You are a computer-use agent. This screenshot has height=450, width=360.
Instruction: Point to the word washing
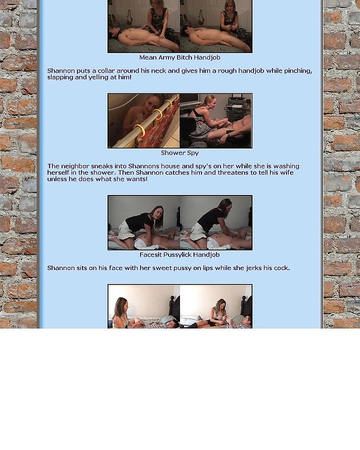pyautogui.click(x=286, y=166)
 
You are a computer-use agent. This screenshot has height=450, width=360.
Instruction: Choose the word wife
pyautogui.click(x=287, y=173)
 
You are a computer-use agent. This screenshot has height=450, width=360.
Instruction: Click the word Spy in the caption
pyautogui.click(x=193, y=153)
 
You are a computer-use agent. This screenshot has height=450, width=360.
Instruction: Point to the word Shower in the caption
pyautogui.click(x=173, y=152)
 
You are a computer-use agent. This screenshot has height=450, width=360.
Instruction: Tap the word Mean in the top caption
pyautogui.click(x=148, y=57)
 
